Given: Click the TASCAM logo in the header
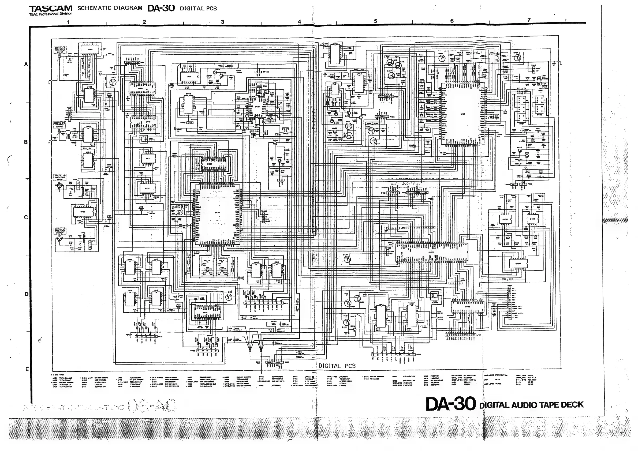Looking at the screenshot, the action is coord(51,9).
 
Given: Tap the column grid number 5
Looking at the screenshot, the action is coord(375,21).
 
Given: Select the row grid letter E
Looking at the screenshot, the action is coord(27,369).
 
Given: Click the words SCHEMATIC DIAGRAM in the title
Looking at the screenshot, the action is coord(110,8).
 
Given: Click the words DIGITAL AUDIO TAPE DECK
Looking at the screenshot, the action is coord(531,405).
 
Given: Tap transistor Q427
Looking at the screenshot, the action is coord(442,58).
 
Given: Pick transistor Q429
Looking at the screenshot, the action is coord(517,58).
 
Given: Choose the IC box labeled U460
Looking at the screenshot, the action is coord(518,264).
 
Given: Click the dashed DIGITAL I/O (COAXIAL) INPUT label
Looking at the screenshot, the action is coord(60,50).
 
